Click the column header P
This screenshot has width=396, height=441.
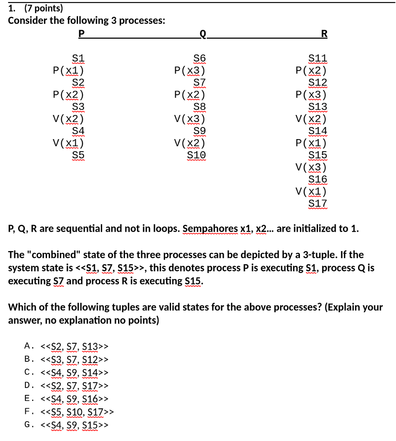coord(81,33)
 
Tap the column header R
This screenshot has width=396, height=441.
coord(324,33)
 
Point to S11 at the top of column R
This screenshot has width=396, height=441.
coord(318,58)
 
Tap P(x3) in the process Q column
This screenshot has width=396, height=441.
coord(190,70)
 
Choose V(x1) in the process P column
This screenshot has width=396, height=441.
coord(68,143)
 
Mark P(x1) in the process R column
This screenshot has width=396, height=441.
coord(311,143)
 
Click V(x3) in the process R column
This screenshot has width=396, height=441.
coord(311,167)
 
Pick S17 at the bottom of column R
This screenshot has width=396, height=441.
coord(318,203)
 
